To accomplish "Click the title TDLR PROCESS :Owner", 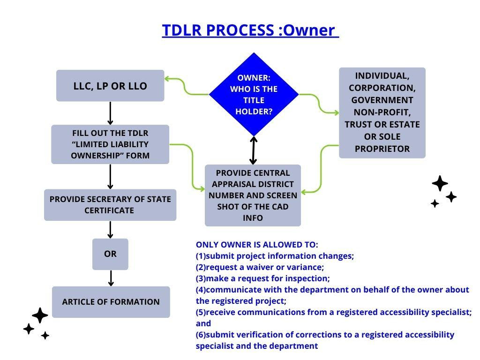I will [250, 30].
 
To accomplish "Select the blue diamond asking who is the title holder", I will [254, 95].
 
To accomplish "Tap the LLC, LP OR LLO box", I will [110, 86].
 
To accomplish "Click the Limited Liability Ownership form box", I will [110, 144].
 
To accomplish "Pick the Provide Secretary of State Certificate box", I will [110, 205].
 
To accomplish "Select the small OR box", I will [110, 254].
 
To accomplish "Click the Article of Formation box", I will [111, 302].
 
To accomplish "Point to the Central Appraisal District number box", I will [253, 195].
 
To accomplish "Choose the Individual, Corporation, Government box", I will [382, 112].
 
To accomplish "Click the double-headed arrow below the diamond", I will [254, 150].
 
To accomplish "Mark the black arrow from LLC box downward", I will [110, 113].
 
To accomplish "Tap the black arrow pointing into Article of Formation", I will [111, 278].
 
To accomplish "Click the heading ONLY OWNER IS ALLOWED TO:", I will [257, 245].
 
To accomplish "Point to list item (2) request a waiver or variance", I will [260, 267].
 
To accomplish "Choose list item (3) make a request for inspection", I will [262, 278].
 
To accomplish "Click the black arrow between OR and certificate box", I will [110, 230].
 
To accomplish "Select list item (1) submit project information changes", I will [275, 256].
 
